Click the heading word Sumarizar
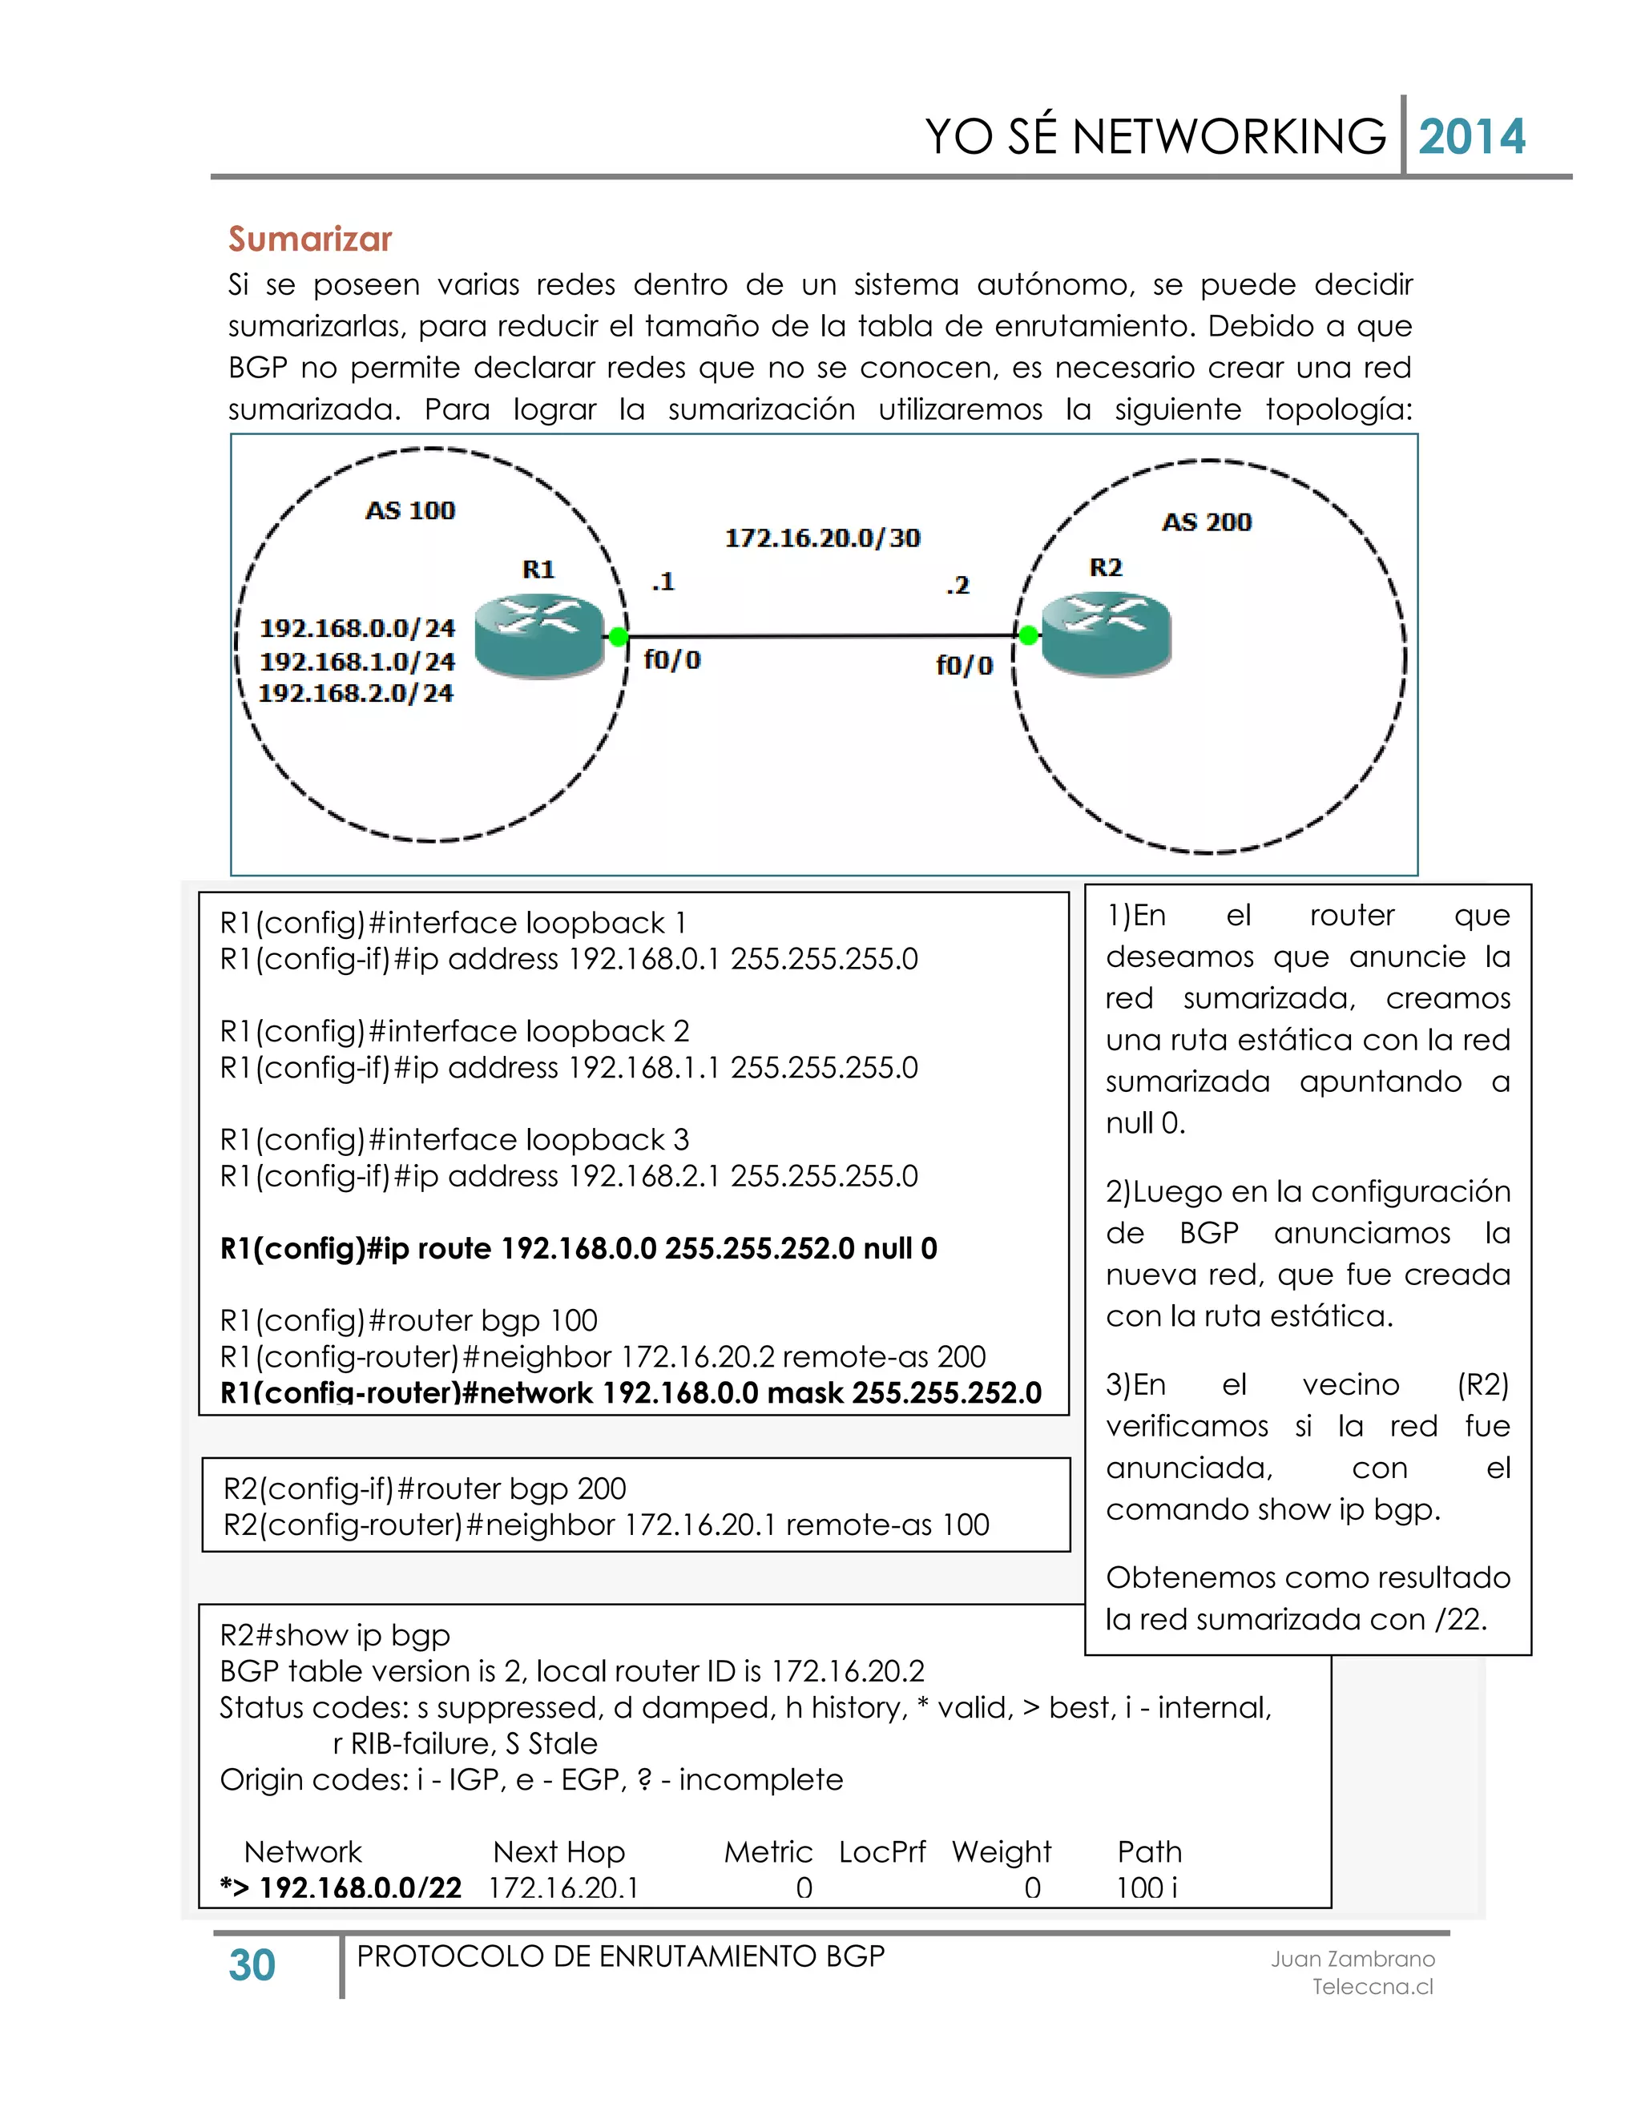point(309,239)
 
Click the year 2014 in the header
point(1471,137)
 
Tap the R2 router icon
point(1107,634)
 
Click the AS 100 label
point(409,510)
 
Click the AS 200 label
point(1207,522)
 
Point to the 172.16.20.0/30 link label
point(822,538)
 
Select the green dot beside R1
point(617,638)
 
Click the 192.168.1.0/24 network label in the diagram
point(357,661)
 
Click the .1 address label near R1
point(662,582)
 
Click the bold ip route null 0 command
point(579,1248)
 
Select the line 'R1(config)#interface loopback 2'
point(454,1030)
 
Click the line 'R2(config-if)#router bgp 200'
point(425,1489)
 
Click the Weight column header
point(1002,1851)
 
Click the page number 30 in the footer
point(252,1965)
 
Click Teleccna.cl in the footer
point(1372,1986)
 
